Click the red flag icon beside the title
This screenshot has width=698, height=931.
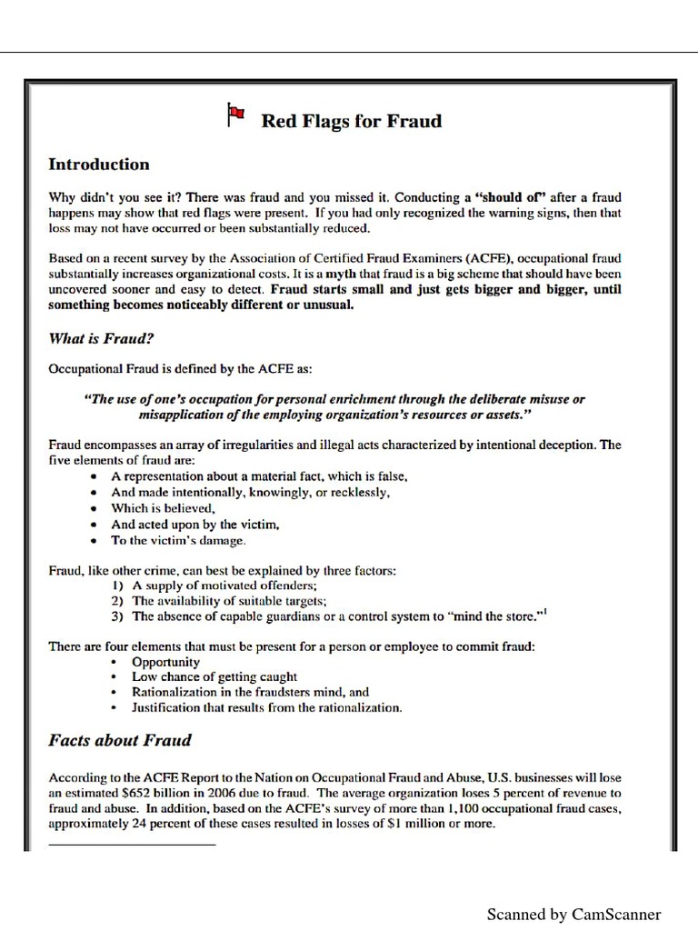point(234,114)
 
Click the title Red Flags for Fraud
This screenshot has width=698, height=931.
point(352,121)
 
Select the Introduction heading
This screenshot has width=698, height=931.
point(98,165)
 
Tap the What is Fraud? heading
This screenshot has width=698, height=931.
point(101,338)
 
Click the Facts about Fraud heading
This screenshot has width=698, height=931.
point(119,739)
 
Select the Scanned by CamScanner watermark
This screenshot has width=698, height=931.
point(573,914)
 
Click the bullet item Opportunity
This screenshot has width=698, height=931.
point(165,662)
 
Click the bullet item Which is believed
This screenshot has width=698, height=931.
point(163,508)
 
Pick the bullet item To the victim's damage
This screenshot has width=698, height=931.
point(178,540)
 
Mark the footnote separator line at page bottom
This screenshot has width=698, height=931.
point(132,845)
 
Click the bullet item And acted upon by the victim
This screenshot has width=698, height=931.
point(194,525)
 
